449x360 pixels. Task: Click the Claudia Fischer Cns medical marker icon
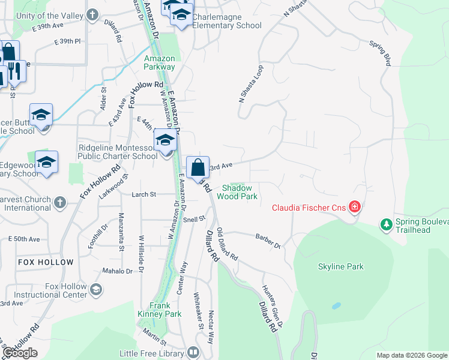point(355,208)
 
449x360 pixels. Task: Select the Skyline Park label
point(341,266)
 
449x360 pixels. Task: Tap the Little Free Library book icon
point(193,352)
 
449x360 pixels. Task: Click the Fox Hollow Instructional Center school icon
point(95,290)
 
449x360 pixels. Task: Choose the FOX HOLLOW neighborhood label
point(46,262)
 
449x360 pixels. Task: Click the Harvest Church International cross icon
point(59,203)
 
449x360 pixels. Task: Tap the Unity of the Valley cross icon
point(93,14)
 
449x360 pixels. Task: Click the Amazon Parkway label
point(159,62)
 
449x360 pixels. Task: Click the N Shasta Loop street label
point(251,84)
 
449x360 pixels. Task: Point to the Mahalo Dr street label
point(117,271)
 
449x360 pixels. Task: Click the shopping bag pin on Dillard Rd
point(198,167)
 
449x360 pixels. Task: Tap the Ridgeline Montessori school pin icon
point(165,141)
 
